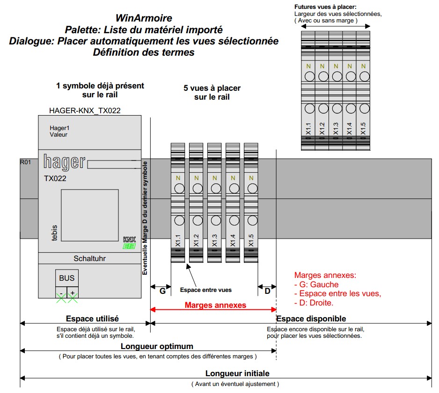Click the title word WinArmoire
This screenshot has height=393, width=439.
point(144,19)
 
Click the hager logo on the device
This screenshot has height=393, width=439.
point(65,162)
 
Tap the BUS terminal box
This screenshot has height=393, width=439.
point(66,278)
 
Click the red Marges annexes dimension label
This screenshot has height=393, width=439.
point(215,305)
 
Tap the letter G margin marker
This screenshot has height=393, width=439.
point(162,291)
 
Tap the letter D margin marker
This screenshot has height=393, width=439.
point(267,291)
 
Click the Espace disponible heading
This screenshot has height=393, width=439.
point(311,319)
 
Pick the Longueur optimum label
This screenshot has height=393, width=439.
point(157,346)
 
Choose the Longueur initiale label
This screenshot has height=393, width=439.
point(237,373)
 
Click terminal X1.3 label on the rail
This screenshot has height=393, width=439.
point(214,240)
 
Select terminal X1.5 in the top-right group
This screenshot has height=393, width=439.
point(363,129)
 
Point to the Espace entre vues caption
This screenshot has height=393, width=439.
point(206,290)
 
